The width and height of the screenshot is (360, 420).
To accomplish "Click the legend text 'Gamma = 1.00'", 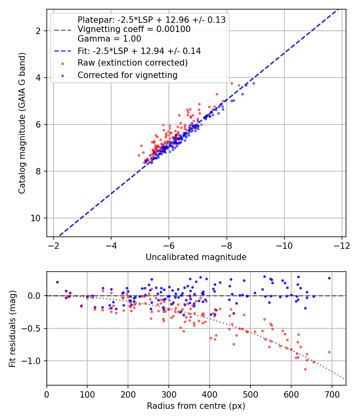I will tap(109, 39).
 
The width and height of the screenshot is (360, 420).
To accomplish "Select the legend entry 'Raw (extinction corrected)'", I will tap(132, 63).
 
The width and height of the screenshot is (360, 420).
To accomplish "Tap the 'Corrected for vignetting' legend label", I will tap(128, 75).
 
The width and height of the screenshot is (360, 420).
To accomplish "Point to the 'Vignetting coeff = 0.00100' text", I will tap(134, 29).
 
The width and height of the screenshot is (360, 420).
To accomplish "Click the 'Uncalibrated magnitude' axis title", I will tap(196, 257).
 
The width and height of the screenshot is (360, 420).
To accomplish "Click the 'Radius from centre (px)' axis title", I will tap(196, 406).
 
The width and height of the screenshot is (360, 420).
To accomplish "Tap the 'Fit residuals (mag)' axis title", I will tap(12, 328).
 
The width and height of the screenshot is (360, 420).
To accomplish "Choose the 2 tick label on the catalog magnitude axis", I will tap(39, 31).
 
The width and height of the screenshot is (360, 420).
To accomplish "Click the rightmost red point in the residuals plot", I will tap(330, 352).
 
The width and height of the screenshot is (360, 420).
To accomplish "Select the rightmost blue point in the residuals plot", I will tap(330, 278).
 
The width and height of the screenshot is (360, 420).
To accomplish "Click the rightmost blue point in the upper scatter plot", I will tap(254, 83).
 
